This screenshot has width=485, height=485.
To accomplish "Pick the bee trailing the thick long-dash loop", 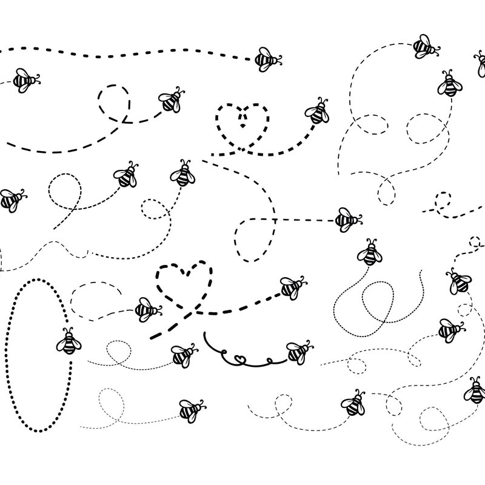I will [x=170, y=101].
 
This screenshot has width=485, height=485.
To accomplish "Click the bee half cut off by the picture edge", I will [x=480, y=62].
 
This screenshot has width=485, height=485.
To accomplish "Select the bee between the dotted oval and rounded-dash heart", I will [x=147, y=310].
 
